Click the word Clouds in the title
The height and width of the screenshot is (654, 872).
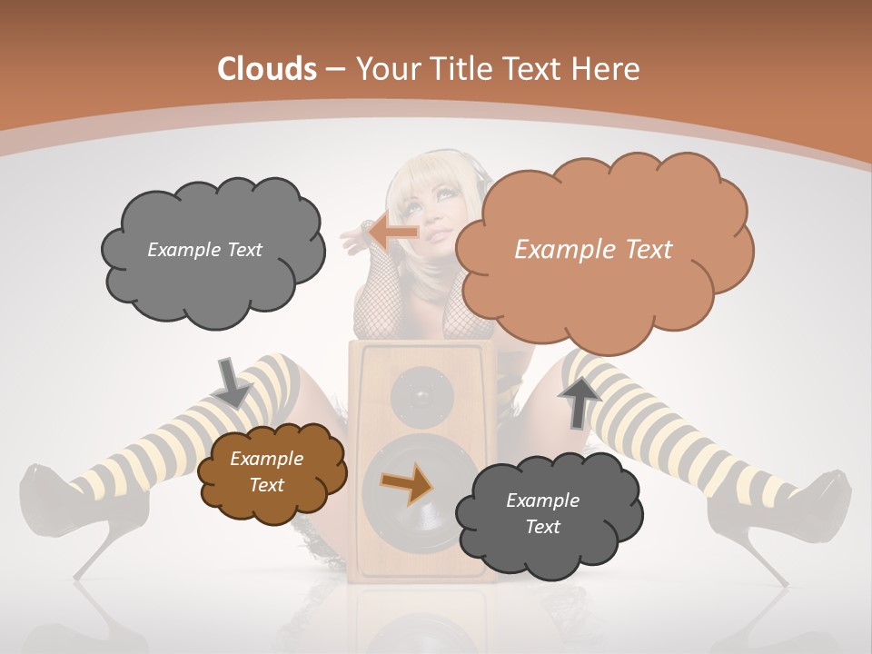click(267, 69)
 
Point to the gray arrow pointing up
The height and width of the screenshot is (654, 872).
click(580, 401)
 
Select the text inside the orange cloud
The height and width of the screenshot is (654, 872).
click(593, 249)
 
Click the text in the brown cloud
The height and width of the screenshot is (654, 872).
click(266, 471)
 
